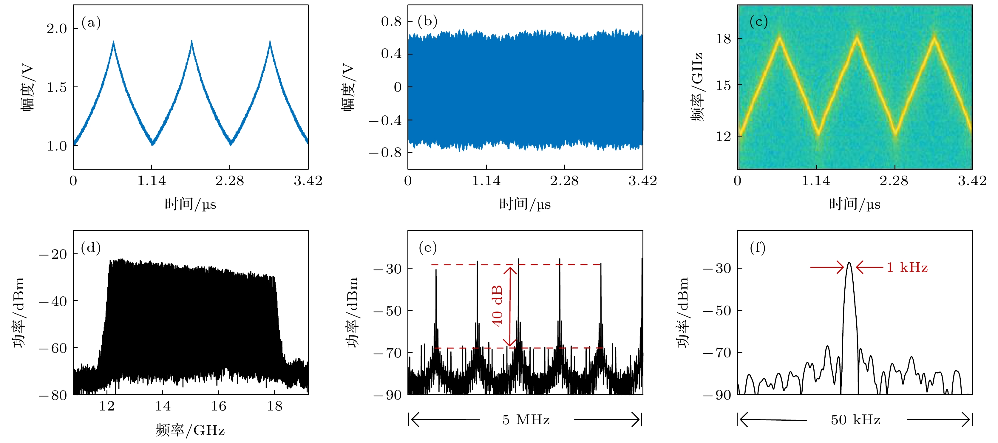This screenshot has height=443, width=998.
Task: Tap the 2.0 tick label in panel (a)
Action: (57, 29)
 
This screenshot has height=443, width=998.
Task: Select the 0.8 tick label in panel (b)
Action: (391, 21)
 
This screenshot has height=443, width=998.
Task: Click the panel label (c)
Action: (758, 22)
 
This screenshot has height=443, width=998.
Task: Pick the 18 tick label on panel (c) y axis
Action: (723, 39)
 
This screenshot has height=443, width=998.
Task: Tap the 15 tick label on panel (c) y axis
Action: (723, 85)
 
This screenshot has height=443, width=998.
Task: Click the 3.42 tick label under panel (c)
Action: (972, 180)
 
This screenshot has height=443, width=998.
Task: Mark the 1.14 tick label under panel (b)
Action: (486, 180)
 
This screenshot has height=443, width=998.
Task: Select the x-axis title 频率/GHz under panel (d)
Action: (190, 430)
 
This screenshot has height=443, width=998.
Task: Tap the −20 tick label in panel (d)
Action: (53, 254)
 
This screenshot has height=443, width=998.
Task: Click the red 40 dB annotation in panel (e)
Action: (497, 306)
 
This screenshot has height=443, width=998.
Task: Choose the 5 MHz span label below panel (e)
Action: (526, 420)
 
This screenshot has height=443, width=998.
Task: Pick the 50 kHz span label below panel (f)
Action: (855, 420)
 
